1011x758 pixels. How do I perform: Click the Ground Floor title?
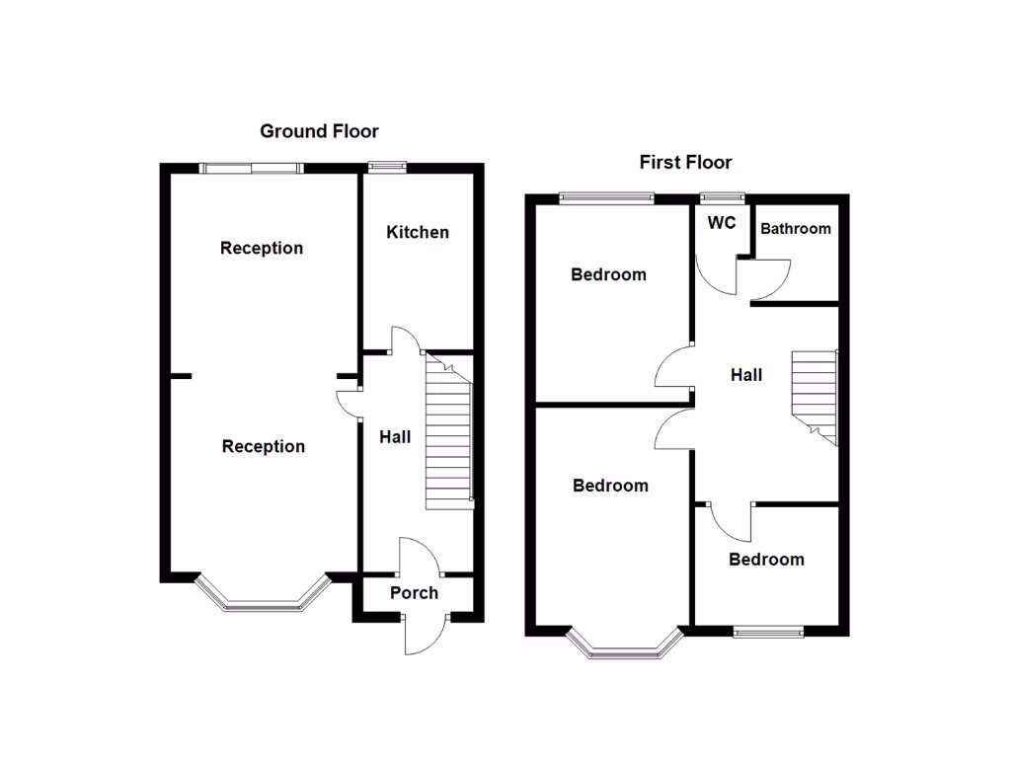[x=319, y=131]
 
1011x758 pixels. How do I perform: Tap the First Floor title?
[x=685, y=163]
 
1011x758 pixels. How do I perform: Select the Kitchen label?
[x=417, y=233]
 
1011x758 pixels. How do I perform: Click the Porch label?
[x=414, y=593]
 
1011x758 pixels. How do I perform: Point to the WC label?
[x=722, y=223]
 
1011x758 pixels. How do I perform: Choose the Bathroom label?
[x=795, y=229]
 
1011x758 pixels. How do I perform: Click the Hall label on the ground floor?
[x=395, y=436]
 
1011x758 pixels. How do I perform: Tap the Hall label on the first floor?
[x=746, y=375]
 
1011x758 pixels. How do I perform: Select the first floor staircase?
[x=815, y=395]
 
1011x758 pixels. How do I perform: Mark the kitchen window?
[x=388, y=168]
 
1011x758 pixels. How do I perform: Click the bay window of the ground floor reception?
[x=262, y=598]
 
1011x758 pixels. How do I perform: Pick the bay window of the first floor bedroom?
[x=625, y=647]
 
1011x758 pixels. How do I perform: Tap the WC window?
[x=722, y=198]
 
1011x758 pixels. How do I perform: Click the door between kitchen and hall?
[x=407, y=341]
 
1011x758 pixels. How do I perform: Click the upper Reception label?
[x=262, y=248]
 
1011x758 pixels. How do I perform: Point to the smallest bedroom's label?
[x=766, y=560]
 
